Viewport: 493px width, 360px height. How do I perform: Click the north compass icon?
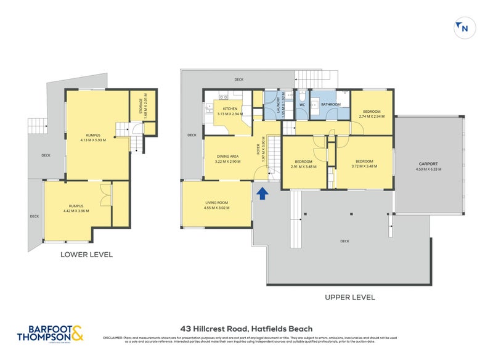(462, 28)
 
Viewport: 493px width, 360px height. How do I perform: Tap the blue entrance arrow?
(262, 194)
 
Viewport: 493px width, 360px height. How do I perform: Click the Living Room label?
(216, 205)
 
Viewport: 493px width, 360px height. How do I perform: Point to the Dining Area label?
(227, 159)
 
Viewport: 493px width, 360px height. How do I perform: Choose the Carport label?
(428, 166)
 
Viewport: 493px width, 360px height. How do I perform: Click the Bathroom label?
(331, 105)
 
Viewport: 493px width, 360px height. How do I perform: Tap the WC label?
(302, 105)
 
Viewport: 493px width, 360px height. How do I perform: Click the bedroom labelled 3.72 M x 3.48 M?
(364, 163)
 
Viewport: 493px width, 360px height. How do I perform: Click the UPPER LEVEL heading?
(349, 297)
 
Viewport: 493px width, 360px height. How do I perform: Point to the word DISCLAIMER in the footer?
(112, 338)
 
